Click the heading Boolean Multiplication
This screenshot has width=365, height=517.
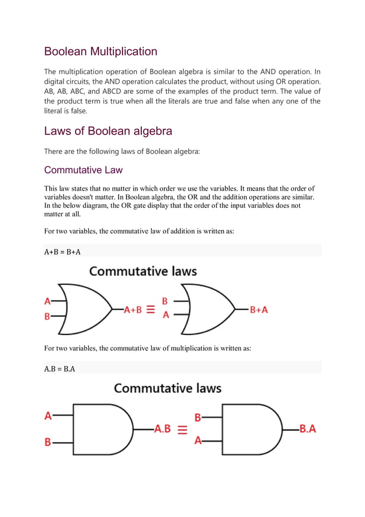point(101,52)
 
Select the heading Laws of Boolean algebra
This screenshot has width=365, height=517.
point(108,131)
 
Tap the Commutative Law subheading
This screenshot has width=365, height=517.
point(83,170)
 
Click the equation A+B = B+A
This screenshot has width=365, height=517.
point(62,250)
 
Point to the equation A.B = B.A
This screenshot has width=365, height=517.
point(59,368)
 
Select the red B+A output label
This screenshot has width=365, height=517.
point(259,309)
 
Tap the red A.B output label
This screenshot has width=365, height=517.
point(162,428)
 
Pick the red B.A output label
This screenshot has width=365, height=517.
point(308,428)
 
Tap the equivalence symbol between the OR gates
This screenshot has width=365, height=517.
point(150,309)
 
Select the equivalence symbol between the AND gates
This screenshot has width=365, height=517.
point(182,429)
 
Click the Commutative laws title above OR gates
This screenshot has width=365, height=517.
point(143,271)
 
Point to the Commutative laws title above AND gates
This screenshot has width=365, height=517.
point(168,388)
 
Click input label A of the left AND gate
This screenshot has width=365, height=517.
point(48,416)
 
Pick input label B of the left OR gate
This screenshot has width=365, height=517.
point(47,316)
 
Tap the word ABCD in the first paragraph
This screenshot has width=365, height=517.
point(124,92)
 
